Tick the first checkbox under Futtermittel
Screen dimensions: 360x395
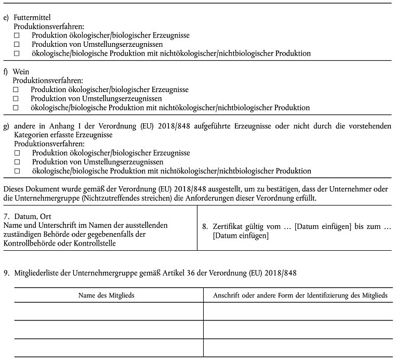pyautogui.click(x=17, y=35)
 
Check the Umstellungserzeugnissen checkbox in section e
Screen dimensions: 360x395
pyautogui.click(x=17, y=44)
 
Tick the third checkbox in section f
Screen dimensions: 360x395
pyautogui.click(x=17, y=108)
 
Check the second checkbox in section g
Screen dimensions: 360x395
pyautogui.click(x=17, y=162)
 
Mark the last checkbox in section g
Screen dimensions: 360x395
pyautogui.click(x=17, y=171)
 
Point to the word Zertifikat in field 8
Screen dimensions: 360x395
pyautogui.click(x=229, y=227)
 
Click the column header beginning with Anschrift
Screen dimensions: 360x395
pyautogui.click(x=300, y=295)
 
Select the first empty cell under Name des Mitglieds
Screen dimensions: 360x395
pyautogui.click(x=109, y=311)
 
